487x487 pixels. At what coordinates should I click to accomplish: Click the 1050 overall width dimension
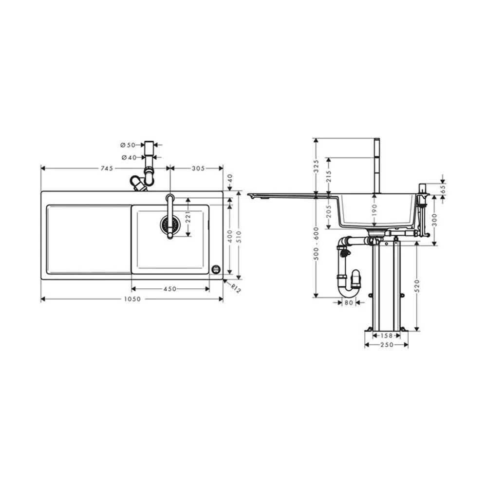click(x=132, y=299)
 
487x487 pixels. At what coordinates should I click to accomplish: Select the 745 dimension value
click(x=107, y=169)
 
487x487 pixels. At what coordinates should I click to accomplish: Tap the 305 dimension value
click(x=198, y=169)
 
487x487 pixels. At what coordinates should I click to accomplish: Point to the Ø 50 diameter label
click(x=128, y=145)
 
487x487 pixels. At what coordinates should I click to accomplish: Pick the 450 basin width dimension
click(x=170, y=289)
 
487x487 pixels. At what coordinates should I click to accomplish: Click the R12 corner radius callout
click(x=236, y=288)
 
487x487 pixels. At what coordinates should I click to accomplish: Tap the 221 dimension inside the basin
click(x=187, y=217)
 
